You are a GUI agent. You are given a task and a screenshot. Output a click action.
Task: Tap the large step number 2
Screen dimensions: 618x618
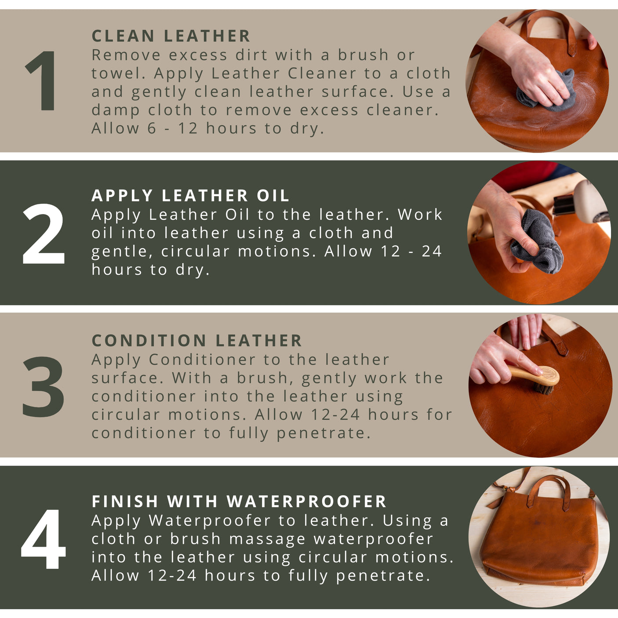tap(43, 234)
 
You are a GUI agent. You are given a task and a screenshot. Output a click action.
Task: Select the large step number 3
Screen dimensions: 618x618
tap(43, 386)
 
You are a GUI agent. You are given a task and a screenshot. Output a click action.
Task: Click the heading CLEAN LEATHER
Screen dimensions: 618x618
tap(171, 36)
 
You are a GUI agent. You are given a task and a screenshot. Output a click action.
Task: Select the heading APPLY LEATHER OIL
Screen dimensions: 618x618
tap(190, 196)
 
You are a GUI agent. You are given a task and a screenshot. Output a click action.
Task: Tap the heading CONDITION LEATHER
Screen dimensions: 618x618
tap(197, 341)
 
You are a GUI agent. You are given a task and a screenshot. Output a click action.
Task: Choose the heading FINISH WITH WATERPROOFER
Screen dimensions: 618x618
tap(239, 502)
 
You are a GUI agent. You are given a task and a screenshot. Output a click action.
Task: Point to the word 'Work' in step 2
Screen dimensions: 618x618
tap(420, 215)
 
